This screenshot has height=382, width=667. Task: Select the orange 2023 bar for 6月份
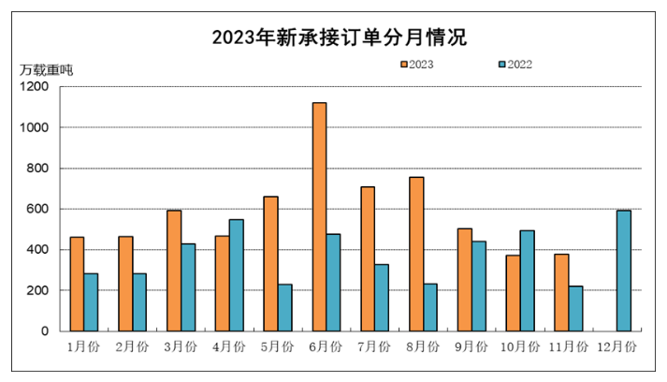[x=319, y=217]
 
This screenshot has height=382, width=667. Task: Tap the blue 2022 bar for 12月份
[x=624, y=271]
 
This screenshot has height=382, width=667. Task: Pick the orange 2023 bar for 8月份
[x=415, y=254]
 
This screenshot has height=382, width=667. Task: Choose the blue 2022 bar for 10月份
[x=528, y=281]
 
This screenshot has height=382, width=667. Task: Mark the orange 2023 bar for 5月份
[x=270, y=264]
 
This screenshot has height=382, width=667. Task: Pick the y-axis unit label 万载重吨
[x=46, y=69]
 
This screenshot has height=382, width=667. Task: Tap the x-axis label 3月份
[x=181, y=346]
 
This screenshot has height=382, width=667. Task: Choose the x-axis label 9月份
[x=471, y=346]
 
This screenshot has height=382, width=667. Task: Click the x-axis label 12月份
[x=616, y=346]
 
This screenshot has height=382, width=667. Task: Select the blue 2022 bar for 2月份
[x=139, y=302]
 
